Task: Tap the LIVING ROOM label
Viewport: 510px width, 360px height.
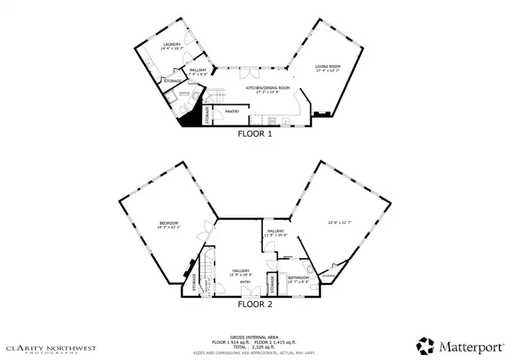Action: click(x=328, y=67)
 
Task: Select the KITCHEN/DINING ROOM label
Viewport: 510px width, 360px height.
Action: click(x=262, y=88)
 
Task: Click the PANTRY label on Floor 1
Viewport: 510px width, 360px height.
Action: click(x=232, y=111)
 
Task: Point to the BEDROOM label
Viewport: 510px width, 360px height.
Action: click(x=168, y=223)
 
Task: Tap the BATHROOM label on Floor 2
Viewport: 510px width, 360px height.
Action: click(x=298, y=278)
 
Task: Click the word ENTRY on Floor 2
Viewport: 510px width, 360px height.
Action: click(x=245, y=282)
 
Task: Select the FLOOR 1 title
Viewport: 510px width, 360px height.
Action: click(x=254, y=133)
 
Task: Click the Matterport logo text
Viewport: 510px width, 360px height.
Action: click(x=470, y=347)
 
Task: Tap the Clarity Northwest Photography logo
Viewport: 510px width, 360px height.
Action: click(x=50, y=349)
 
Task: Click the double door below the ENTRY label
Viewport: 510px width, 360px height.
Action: click(x=246, y=294)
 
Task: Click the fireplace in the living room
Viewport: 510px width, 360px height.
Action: click(x=322, y=113)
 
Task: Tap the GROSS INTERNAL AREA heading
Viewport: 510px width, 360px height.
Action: click(x=254, y=337)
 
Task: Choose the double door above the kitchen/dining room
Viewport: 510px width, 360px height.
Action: click(x=249, y=72)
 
